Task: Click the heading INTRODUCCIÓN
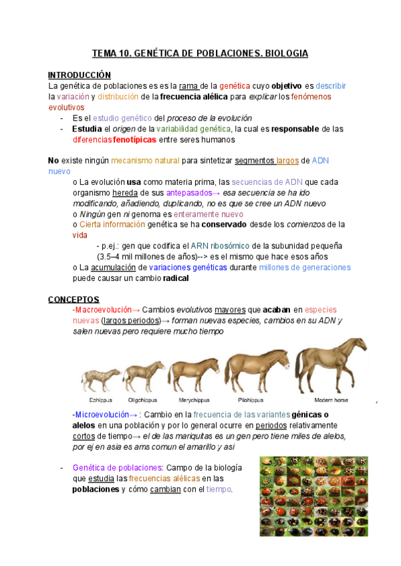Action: (80, 75)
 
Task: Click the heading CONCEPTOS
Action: (74, 299)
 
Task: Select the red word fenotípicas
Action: (132, 140)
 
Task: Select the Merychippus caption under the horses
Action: (191, 400)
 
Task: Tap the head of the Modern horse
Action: (357, 348)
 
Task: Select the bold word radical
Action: (176, 278)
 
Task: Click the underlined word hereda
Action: (125, 192)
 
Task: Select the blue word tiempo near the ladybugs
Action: (219, 489)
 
